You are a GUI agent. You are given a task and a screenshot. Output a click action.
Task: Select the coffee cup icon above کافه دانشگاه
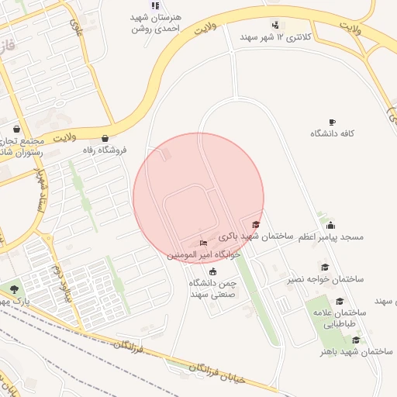[x=333, y=122]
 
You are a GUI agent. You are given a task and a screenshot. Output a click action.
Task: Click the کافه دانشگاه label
[x=333, y=133]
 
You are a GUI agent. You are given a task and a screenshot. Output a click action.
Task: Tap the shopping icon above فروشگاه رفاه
[x=105, y=139]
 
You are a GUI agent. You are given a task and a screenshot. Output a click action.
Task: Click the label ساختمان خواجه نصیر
[x=326, y=278]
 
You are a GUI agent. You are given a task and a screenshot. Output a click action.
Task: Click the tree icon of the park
[x=15, y=289]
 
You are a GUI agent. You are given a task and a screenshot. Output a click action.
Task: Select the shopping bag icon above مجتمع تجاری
[x=17, y=129]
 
